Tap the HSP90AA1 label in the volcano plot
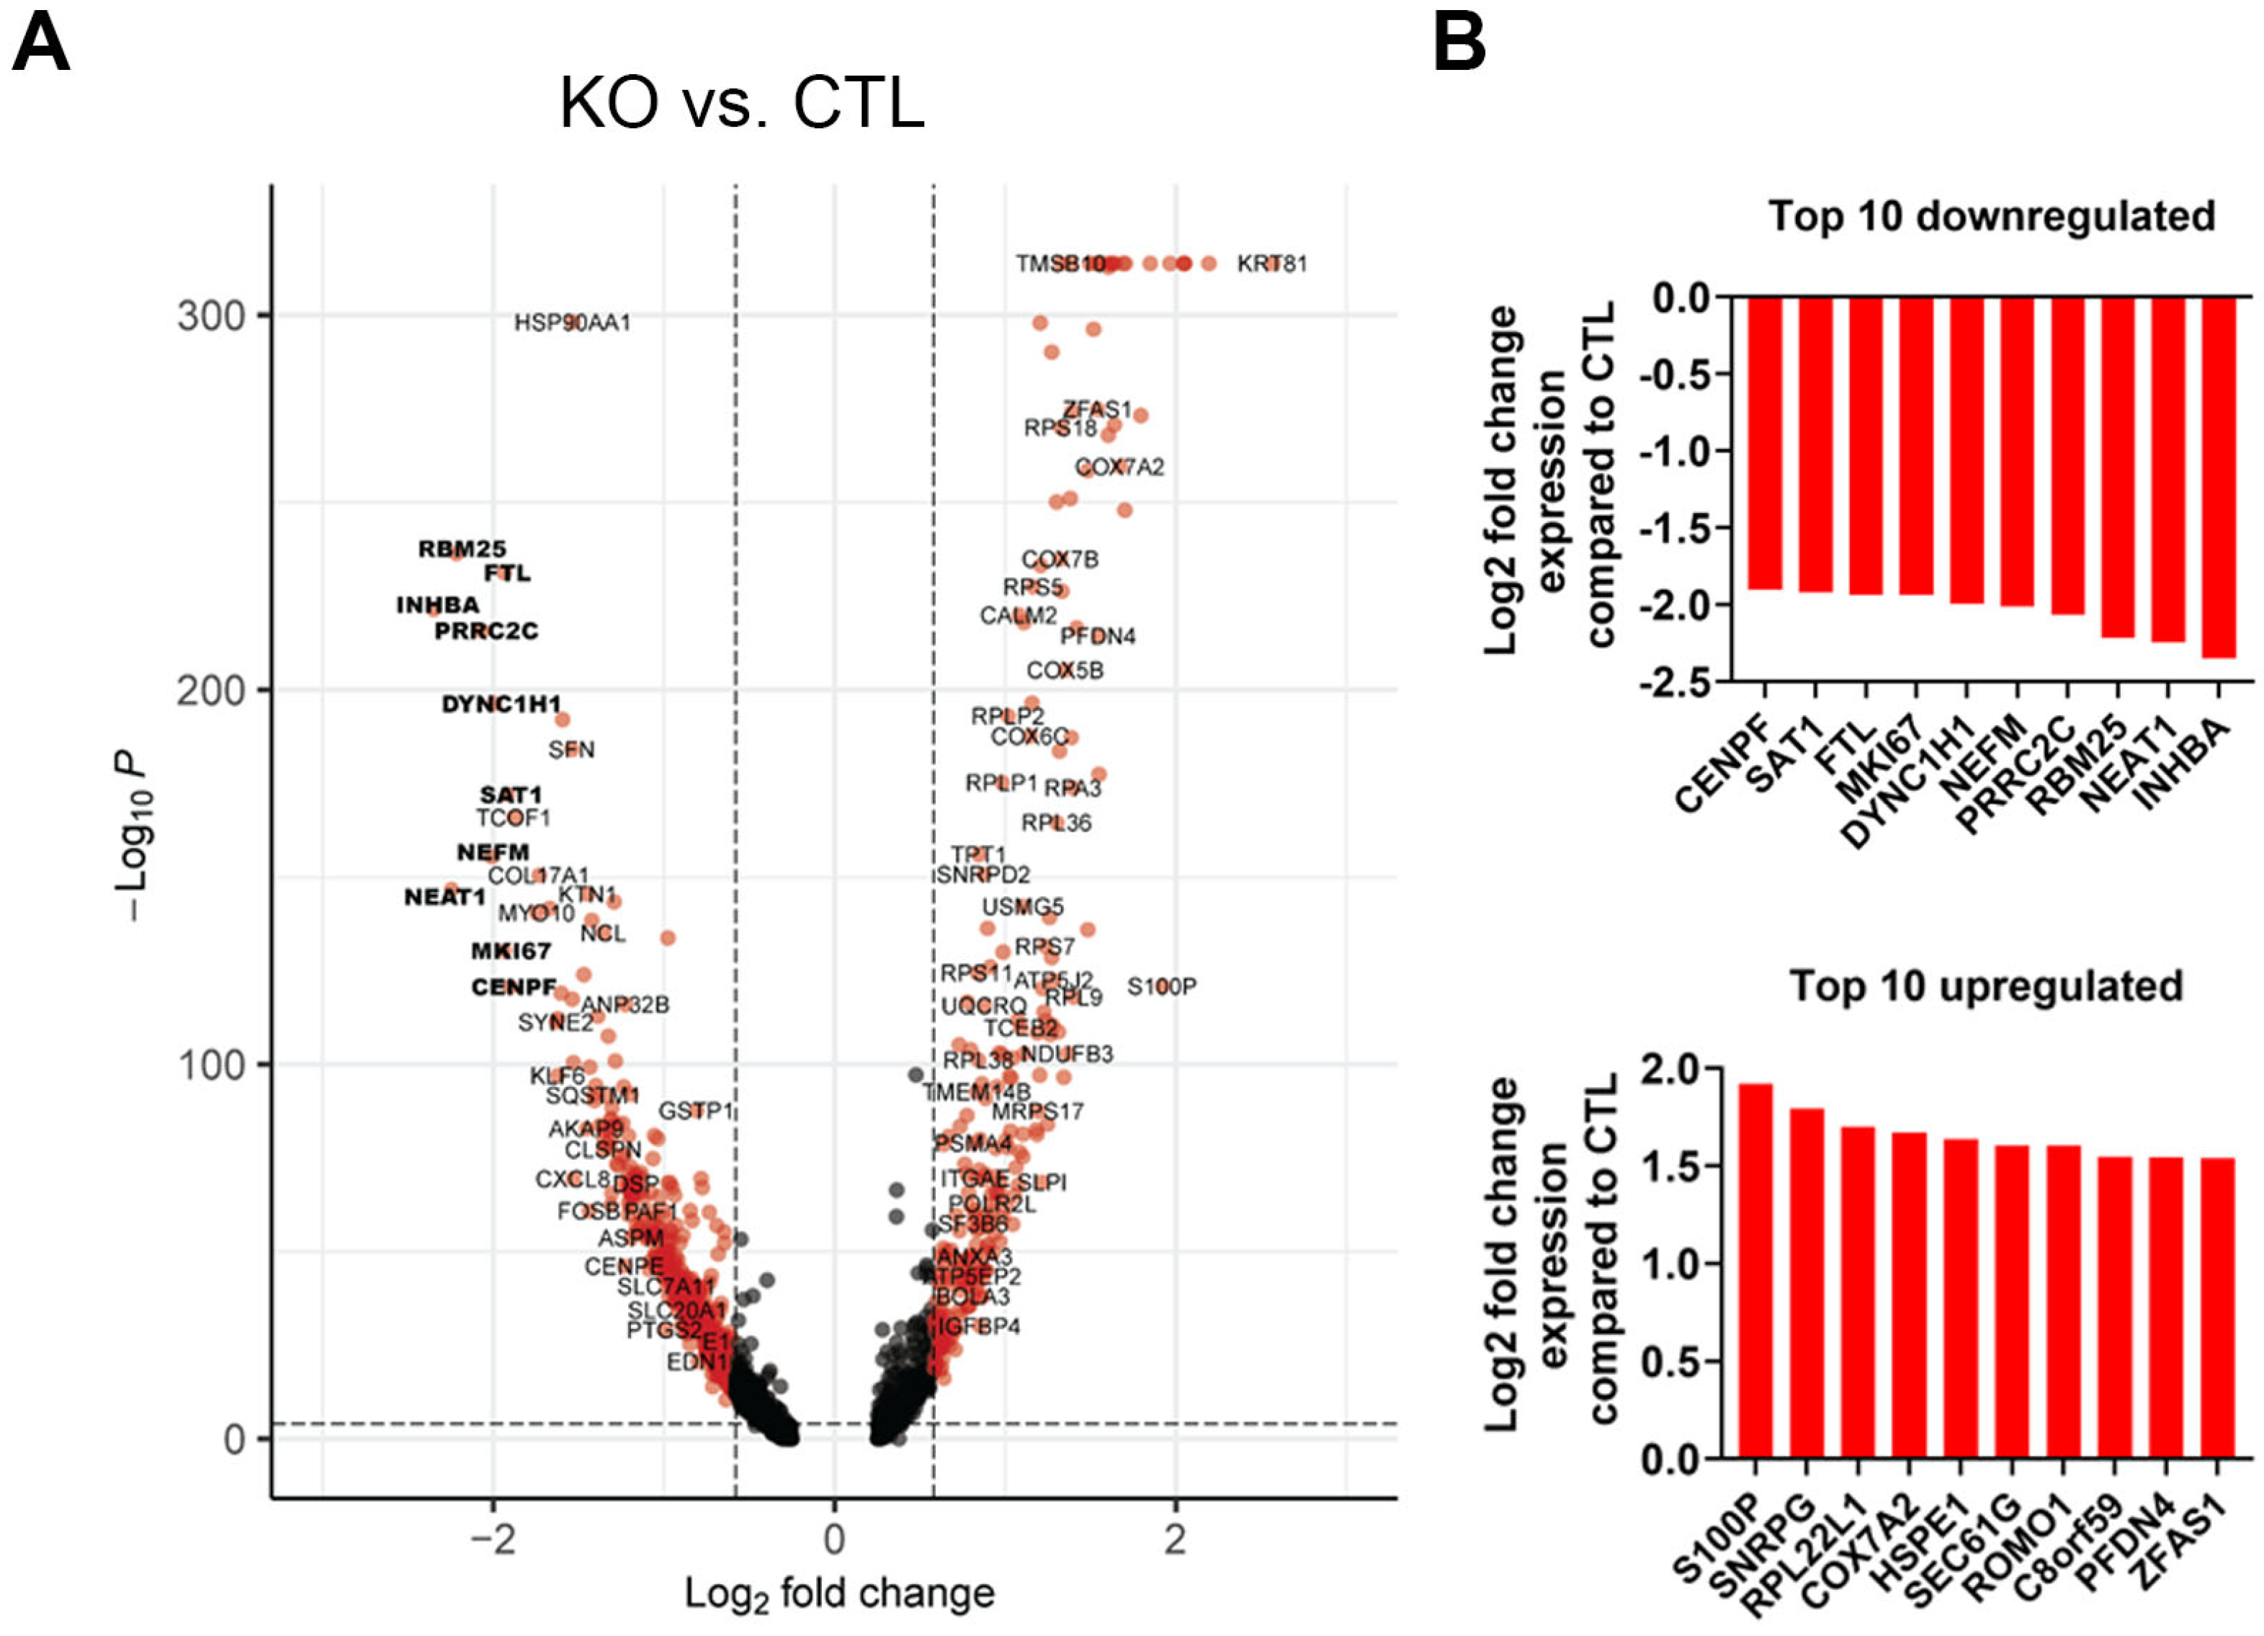tap(572, 323)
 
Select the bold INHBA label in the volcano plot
tap(437, 606)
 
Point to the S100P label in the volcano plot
tap(1161, 987)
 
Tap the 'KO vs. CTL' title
tap(742, 103)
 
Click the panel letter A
tap(41, 45)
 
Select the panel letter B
tap(1459, 45)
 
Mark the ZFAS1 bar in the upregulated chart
tap(2217, 1308)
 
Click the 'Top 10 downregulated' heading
tap(1992, 217)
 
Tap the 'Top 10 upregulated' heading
tap(1987, 986)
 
